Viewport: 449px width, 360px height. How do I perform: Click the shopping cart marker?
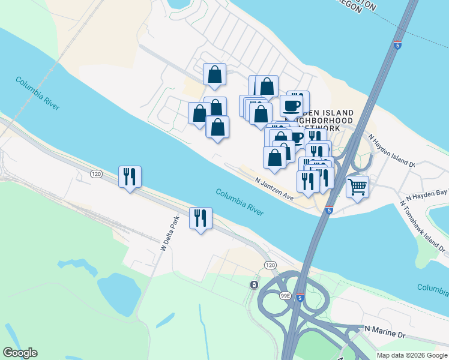pos(357,187)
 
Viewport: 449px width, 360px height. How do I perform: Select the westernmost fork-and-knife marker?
pos(130,176)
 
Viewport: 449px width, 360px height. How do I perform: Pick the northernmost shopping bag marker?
pos(214,74)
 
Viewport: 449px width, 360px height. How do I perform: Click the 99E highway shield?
pos(286,296)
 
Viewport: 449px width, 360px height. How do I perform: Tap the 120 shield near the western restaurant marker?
pos(96,174)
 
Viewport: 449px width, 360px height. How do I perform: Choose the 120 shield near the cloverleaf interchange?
pos(270,265)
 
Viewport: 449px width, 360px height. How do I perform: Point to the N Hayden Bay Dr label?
pos(427,194)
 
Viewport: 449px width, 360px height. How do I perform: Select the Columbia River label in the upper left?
pos(38,92)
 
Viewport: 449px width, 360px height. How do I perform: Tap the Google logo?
pos(20,353)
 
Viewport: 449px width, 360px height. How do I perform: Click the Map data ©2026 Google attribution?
pos(412,355)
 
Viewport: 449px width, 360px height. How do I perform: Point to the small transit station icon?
pos(255,284)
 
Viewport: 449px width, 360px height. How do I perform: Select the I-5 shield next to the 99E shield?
pos(301,296)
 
